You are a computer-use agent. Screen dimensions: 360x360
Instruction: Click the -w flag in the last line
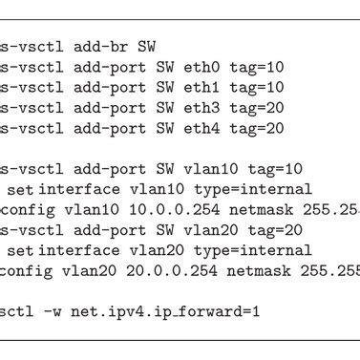pos(59,312)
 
